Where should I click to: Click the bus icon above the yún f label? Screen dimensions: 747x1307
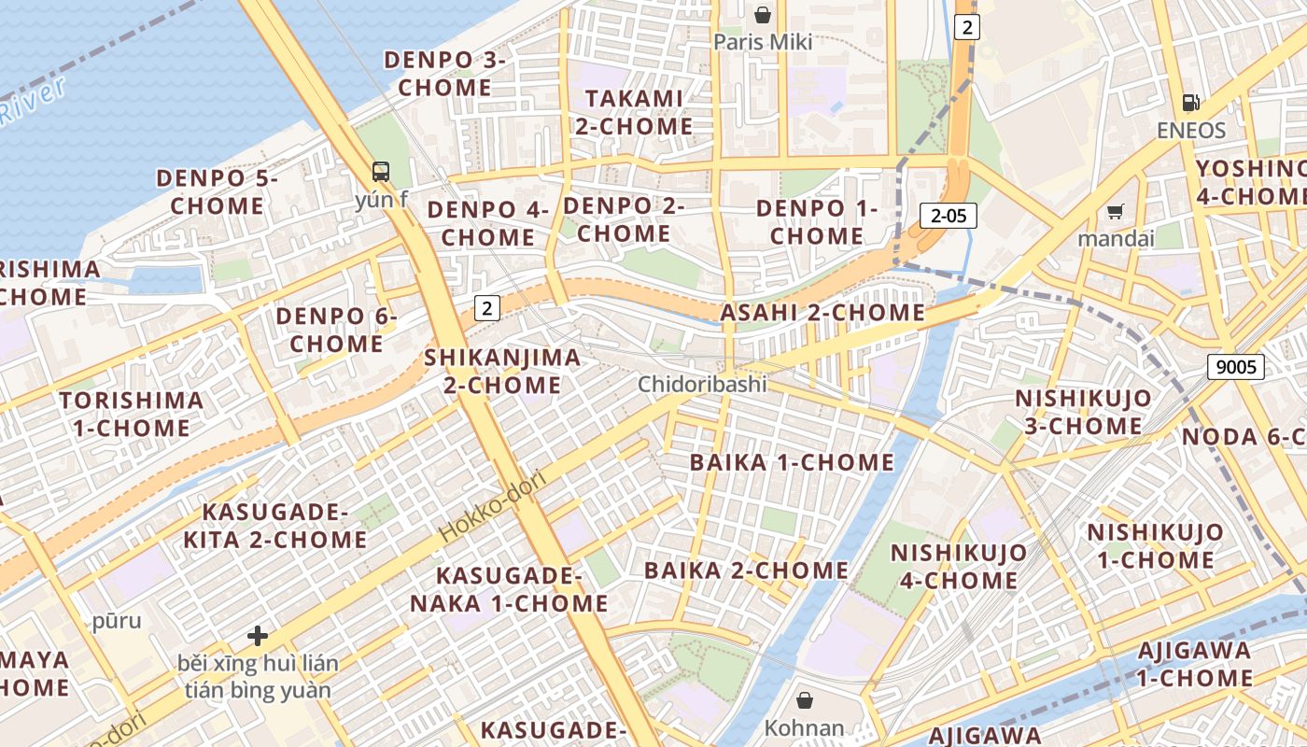pos(381,172)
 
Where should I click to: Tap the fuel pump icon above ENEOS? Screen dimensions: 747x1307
pos(1190,103)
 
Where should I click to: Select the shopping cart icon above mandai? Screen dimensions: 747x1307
pos(1115,211)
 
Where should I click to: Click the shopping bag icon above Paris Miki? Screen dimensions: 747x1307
pos(763,15)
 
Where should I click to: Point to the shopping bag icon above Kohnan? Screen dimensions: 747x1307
pos(804,700)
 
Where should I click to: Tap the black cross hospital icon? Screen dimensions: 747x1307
pos(258,637)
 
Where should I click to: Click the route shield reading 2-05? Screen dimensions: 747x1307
pos(949,217)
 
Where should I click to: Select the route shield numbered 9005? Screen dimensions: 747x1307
pos(1236,367)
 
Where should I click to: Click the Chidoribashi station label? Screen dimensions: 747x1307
pos(702,384)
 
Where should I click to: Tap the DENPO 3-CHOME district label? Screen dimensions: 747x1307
pos(444,74)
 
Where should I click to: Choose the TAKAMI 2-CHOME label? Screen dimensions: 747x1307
pos(634,112)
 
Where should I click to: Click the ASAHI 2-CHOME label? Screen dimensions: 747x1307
pos(822,313)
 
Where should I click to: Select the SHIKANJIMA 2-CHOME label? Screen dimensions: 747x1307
pos(502,371)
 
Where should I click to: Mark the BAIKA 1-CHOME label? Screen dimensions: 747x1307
pos(792,462)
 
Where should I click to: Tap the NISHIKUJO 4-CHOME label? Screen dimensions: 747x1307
pos(958,566)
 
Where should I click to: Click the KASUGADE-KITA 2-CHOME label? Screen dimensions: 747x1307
pos(274,526)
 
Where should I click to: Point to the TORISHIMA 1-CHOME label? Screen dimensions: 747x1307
pos(131,415)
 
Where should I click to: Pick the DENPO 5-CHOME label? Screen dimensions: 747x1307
pos(217,191)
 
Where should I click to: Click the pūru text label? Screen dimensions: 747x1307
pos(117,621)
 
